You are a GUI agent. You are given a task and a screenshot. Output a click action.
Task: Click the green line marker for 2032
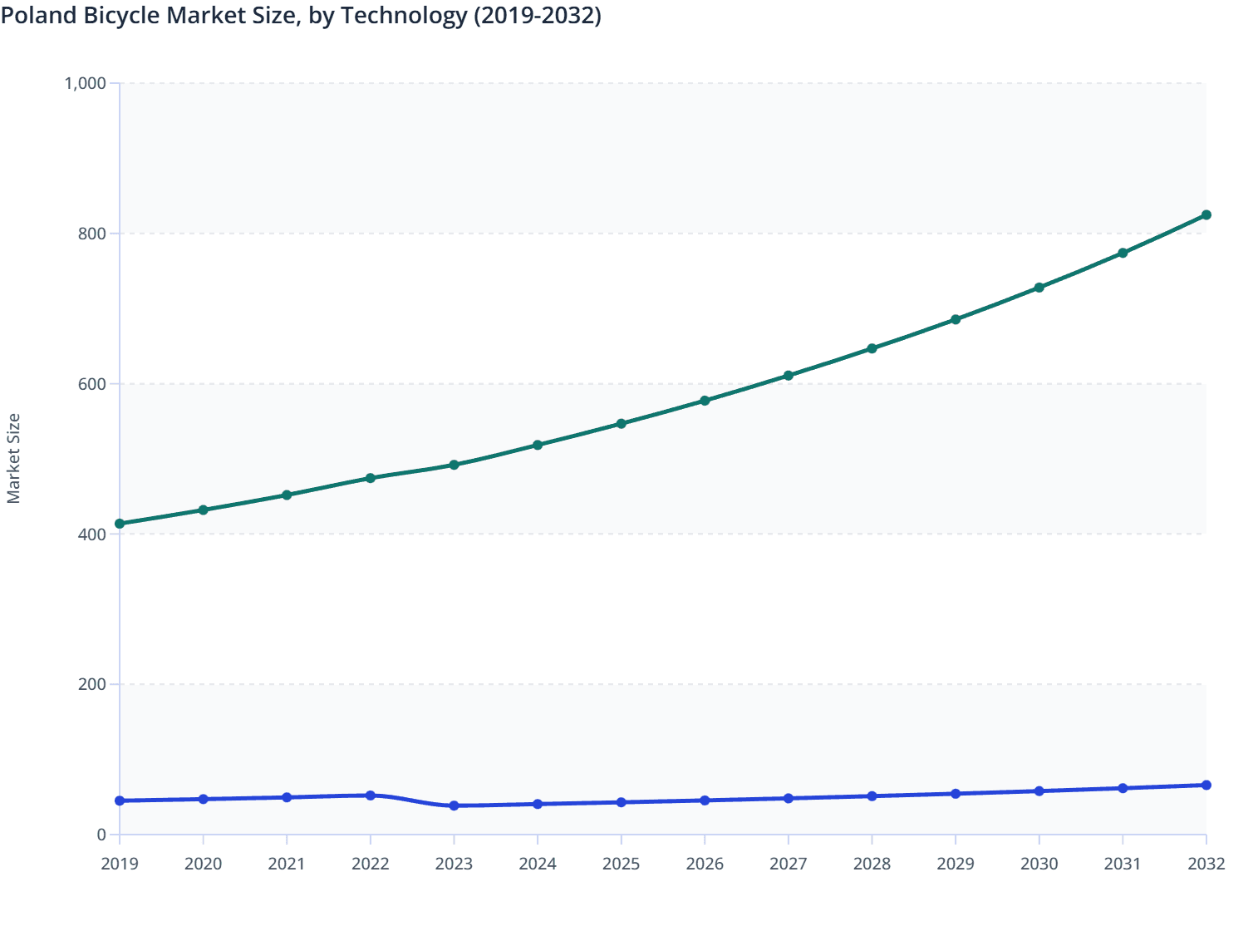pyautogui.click(x=1206, y=215)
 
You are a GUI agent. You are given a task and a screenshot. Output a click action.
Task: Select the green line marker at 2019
pyautogui.click(x=120, y=524)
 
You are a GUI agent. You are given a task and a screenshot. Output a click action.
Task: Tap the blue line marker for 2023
pyautogui.click(x=454, y=805)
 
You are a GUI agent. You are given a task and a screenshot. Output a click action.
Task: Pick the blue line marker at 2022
pyautogui.click(x=371, y=796)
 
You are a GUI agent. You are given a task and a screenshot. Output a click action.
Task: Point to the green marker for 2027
pyautogui.click(x=789, y=376)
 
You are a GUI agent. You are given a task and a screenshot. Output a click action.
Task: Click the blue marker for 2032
pyautogui.click(x=1206, y=785)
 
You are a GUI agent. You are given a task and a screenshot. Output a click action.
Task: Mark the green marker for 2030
pyautogui.click(x=1039, y=288)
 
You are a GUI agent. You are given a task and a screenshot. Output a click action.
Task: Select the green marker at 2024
pyautogui.click(x=538, y=445)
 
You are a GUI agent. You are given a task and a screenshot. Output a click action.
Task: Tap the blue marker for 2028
pyautogui.click(x=872, y=796)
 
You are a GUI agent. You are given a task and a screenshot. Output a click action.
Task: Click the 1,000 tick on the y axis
pyautogui.click(x=85, y=83)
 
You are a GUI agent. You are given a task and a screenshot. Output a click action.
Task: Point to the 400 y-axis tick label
pyautogui.click(x=92, y=534)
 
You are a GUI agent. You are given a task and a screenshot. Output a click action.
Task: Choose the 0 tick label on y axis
pyautogui.click(x=101, y=835)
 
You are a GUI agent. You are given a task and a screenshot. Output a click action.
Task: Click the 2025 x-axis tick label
pyautogui.click(x=621, y=864)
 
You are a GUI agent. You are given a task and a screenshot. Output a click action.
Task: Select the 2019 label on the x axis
pyautogui.click(x=120, y=864)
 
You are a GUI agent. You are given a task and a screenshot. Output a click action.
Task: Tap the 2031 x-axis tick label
pyautogui.click(x=1123, y=864)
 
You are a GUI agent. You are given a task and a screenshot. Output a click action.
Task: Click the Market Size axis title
pyautogui.click(x=13, y=458)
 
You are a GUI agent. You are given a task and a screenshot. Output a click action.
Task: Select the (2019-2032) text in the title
pyautogui.click(x=537, y=15)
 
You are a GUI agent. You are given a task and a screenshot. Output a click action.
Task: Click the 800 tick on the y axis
pyautogui.click(x=92, y=234)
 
